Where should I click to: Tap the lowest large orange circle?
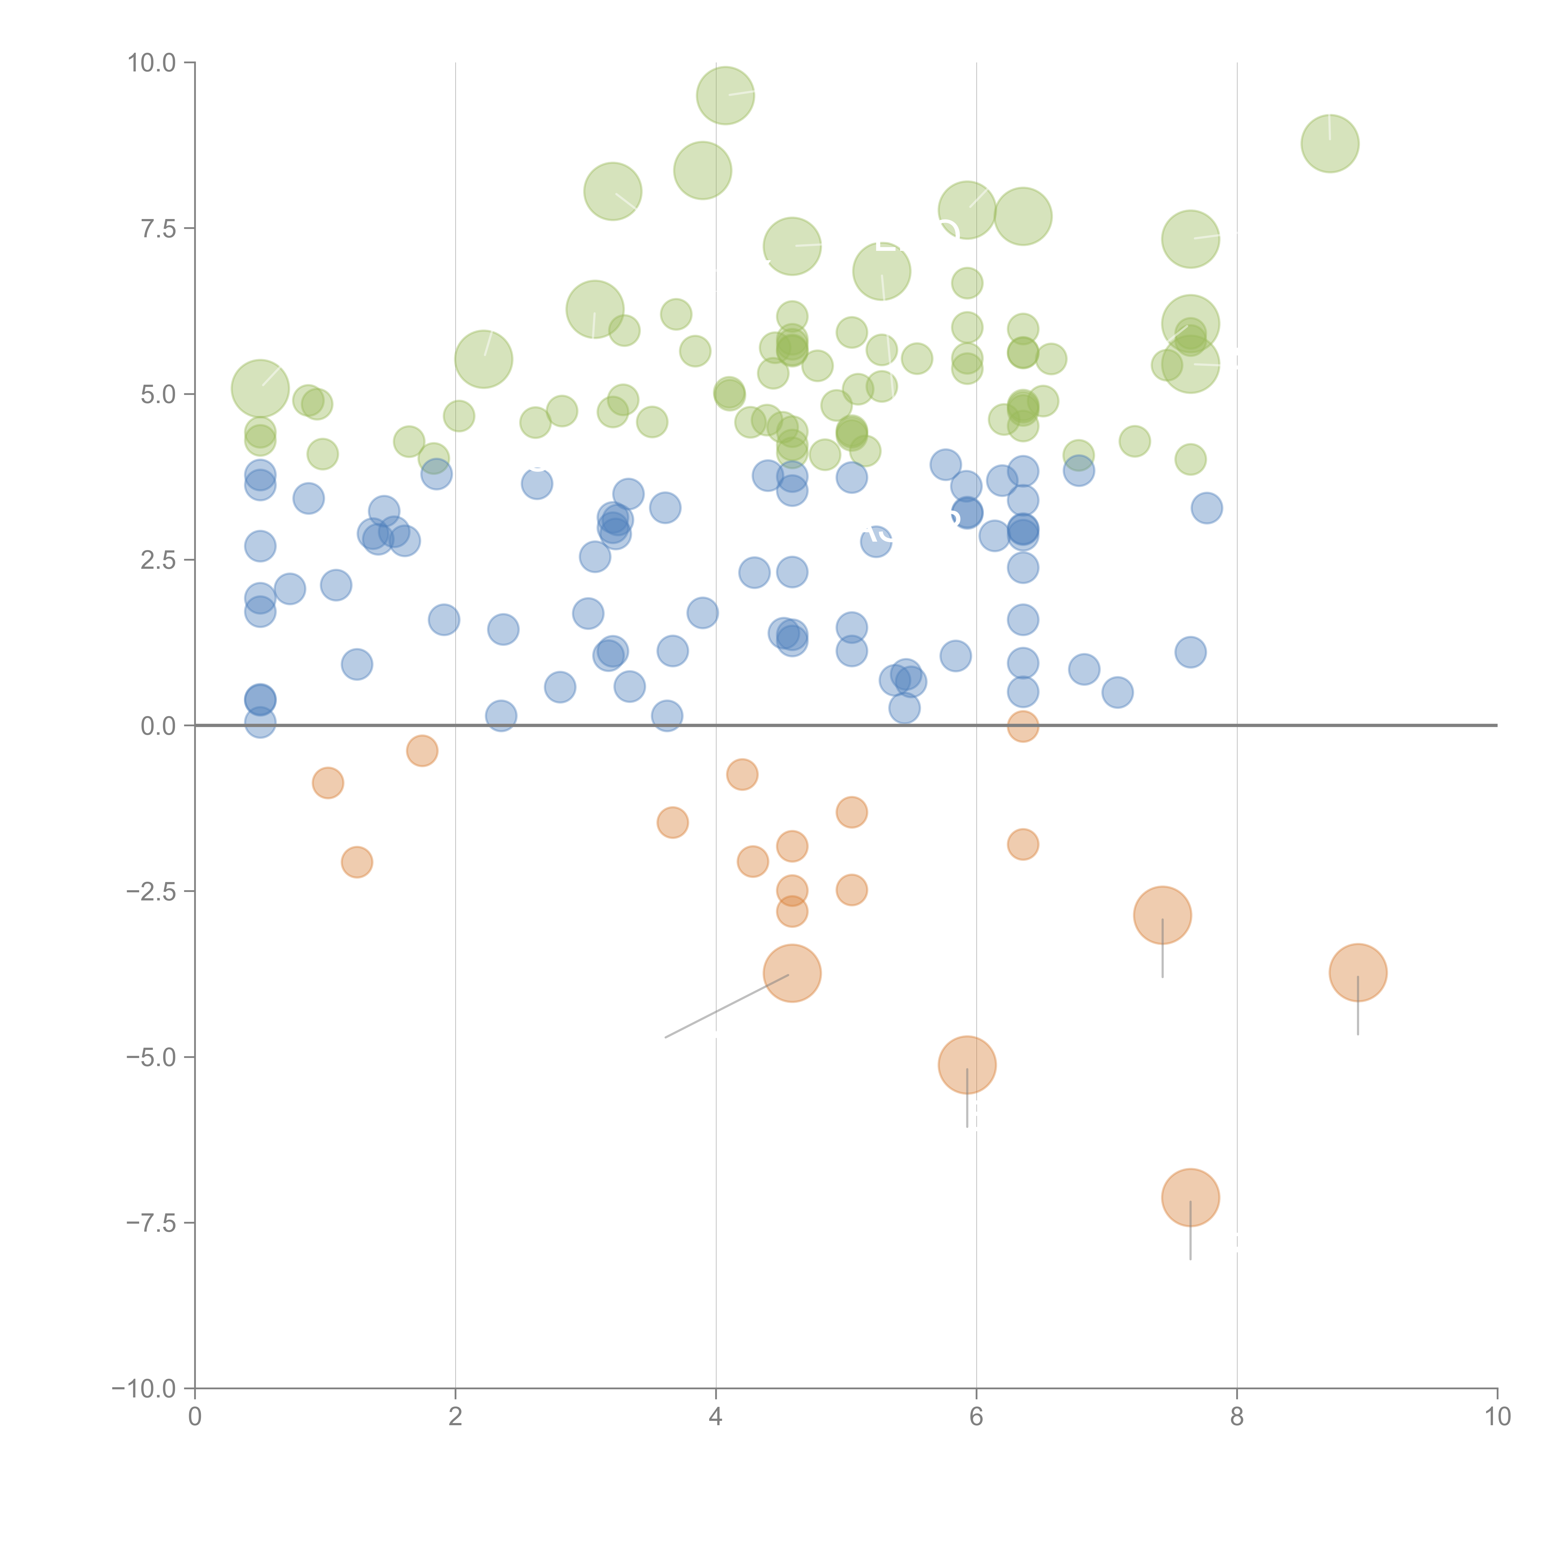pos(1190,1197)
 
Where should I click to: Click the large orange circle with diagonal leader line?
pos(792,973)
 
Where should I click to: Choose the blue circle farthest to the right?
pos(1206,508)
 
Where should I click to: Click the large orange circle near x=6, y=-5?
pos(967,1065)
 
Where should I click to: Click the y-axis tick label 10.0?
pos(152,63)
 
